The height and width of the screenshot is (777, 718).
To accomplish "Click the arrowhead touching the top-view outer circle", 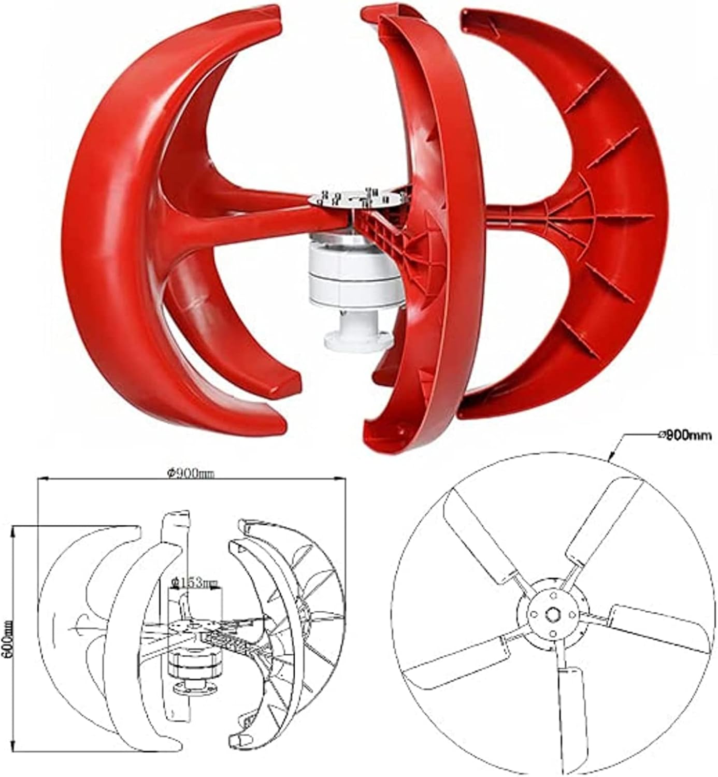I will pyautogui.click(x=611, y=458).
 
